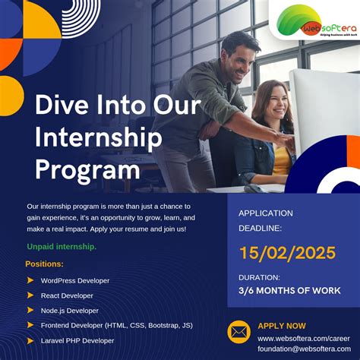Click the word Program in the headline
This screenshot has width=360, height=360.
pyautogui.click(x=87, y=168)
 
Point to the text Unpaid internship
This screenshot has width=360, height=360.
pyautogui.click(x=62, y=247)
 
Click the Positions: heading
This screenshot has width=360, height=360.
pyautogui.click(x=45, y=264)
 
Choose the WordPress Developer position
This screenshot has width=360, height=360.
pyautogui.click(x=75, y=280)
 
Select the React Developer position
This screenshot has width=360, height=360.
pyautogui.click(x=67, y=295)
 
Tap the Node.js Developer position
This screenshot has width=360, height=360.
pyautogui.click(x=70, y=311)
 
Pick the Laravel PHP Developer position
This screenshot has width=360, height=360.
pyautogui.click(x=77, y=341)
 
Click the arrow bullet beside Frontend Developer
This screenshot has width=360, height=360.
pyautogui.click(x=30, y=326)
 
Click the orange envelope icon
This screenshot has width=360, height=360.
pyautogui.click(x=238, y=332)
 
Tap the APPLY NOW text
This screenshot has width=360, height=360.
pyautogui.click(x=282, y=325)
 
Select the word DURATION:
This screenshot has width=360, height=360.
pyautogui.click(x=259, y=277)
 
